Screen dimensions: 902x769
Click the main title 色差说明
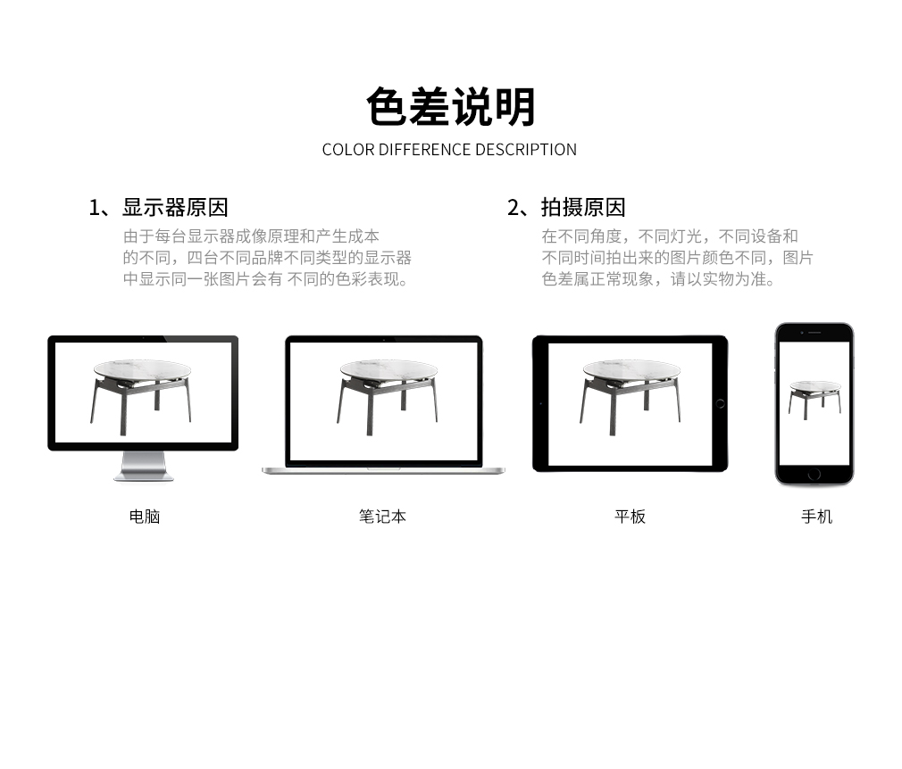coord(451,107)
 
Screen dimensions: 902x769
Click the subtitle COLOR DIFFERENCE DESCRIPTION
coord(449,150)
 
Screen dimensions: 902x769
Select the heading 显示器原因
coord(175,208)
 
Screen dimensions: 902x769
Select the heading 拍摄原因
coord(583,208)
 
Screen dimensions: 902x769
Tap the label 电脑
coord(145,517)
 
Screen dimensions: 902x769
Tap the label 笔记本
coord(382,517)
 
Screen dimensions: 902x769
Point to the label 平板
coord(630,517)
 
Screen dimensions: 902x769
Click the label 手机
coord(817,517)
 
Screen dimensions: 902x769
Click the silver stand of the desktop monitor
coord(144,466)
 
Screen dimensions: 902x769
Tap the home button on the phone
coord(814,475)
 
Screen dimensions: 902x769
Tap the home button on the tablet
coord(720,403)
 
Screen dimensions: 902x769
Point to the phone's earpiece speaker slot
coord(814,333)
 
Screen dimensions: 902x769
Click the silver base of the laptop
coord(383,471)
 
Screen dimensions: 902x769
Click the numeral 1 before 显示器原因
coord(94,208)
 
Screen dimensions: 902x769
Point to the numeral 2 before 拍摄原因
coord(514,208)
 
